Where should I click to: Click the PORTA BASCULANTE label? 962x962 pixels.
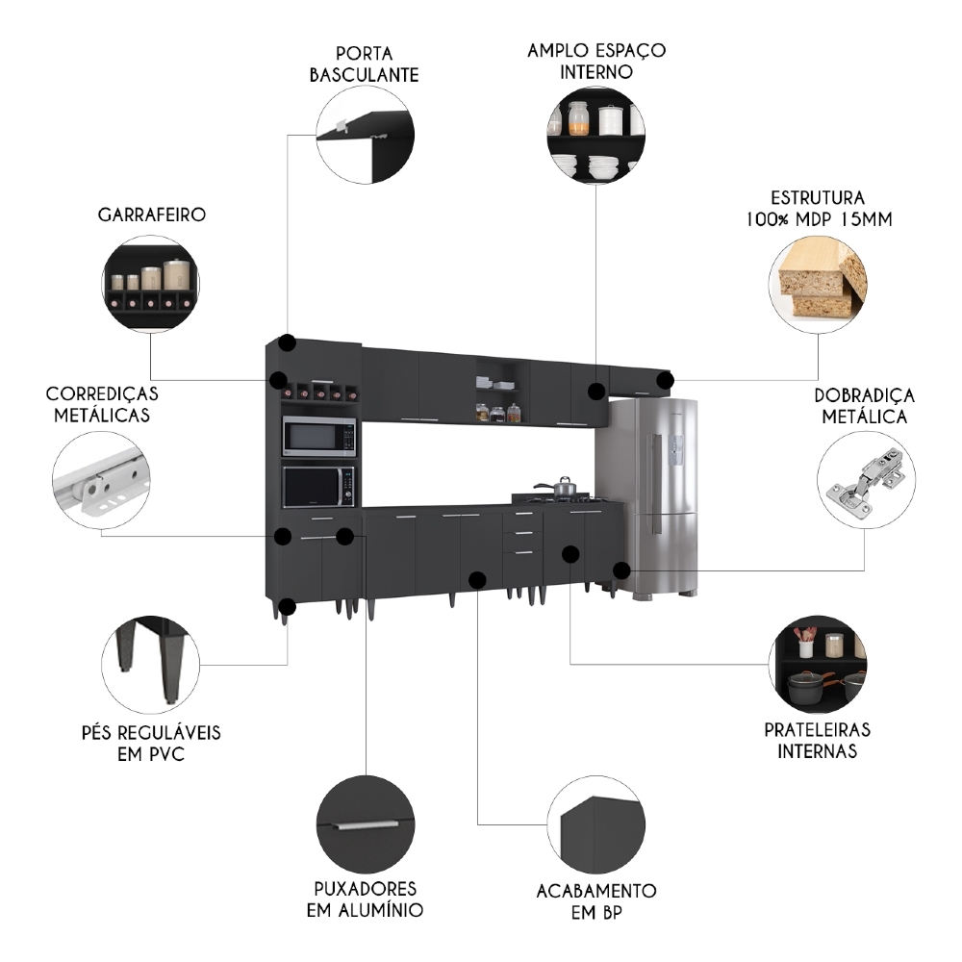tap(364, 63)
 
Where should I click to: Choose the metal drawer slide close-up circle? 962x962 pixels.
tap(101, 478)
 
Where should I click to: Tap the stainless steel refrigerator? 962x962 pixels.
tap(654, 495)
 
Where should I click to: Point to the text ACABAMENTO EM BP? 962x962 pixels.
tap(595, 900)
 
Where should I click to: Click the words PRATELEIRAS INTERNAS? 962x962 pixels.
tap(817, 741)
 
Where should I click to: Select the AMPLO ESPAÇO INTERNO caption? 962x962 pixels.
tap(596, 60)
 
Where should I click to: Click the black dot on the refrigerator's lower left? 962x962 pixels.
tap(621, 570)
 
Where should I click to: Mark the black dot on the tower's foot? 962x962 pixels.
tap(287, 606)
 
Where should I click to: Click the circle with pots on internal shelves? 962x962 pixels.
tap(818, 664)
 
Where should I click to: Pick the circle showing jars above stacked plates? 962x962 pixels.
tap(595, 136)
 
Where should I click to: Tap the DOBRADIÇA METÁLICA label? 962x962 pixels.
tap(864, 406)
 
